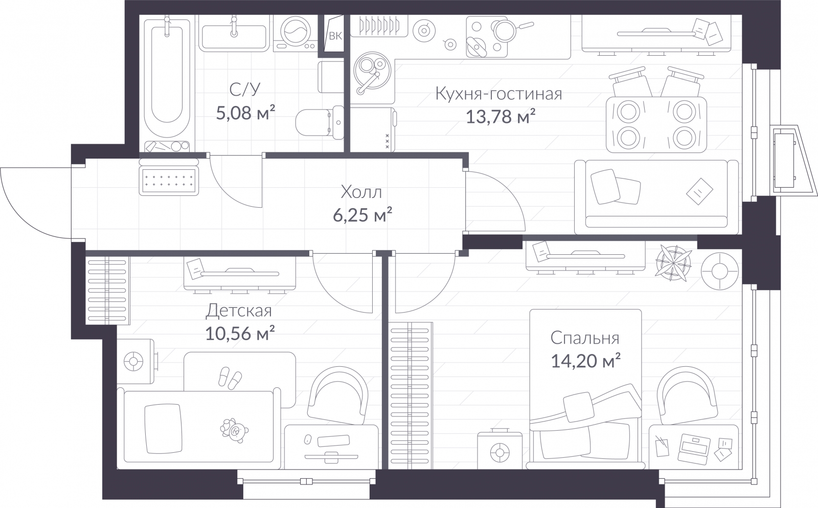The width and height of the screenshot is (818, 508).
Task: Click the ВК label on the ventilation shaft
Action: coord(335,36)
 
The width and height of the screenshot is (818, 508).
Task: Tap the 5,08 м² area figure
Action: coord(245,113)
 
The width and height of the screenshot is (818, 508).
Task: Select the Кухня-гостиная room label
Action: coord(498,94)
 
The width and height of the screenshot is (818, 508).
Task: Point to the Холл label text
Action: coord(361,192)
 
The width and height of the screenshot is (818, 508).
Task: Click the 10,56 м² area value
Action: coord(240,333)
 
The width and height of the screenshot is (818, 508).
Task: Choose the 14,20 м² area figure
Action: coord(585,361)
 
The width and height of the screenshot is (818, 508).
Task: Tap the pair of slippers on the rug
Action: coord(230,378)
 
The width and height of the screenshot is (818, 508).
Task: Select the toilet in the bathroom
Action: coord(320,123)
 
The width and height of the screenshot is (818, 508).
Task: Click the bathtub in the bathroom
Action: coord(167,77)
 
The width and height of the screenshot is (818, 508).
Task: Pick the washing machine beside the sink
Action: coord(295,33)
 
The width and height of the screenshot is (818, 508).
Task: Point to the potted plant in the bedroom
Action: coord(673,263)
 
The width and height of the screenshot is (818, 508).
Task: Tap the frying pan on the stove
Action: coord(511,30)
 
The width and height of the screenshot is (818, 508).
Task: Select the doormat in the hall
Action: coord(169,181)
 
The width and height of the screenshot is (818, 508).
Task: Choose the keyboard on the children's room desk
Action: coord(333,441)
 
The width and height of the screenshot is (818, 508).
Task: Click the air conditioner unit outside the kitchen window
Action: coord(784,161)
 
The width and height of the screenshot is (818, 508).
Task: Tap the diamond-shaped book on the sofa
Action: coord(699,191)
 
